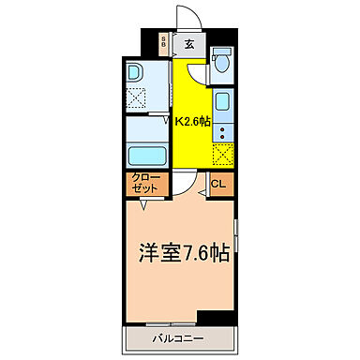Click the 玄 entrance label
point(188,42)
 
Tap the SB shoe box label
point(163,41)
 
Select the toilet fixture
point(220,60)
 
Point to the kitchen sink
point(223,101)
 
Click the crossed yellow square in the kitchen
point(222,154)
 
